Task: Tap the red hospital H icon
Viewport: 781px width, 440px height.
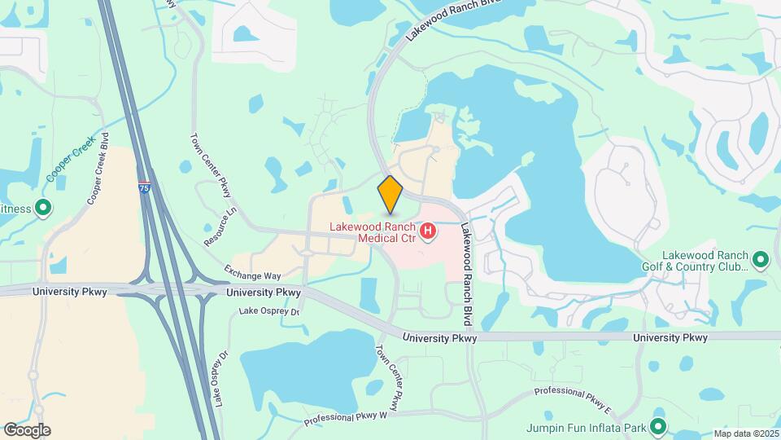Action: point(427,234)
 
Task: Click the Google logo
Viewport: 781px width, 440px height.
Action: point(27,429)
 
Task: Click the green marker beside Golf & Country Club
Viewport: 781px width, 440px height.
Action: point(761,261)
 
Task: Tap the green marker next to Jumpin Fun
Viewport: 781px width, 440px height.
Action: point(658,426)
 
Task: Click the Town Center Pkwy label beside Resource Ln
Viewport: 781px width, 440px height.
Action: point(211,165)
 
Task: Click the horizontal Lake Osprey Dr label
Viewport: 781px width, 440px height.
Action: point(269,310)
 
